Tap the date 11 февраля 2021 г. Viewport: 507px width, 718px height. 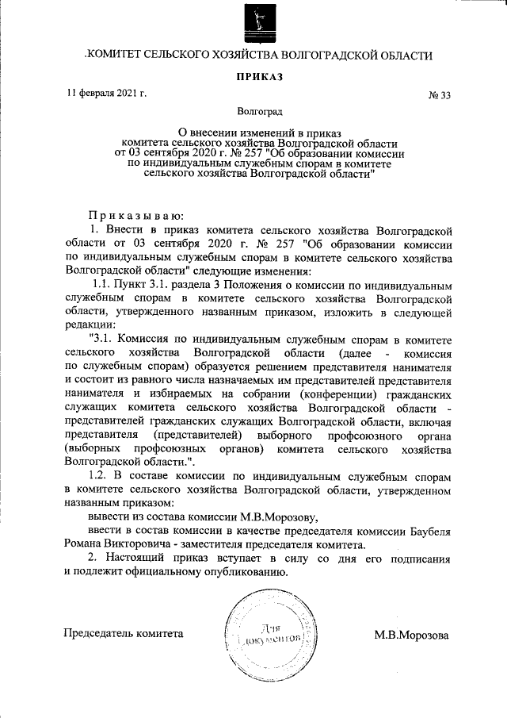(x=107, y=95)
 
